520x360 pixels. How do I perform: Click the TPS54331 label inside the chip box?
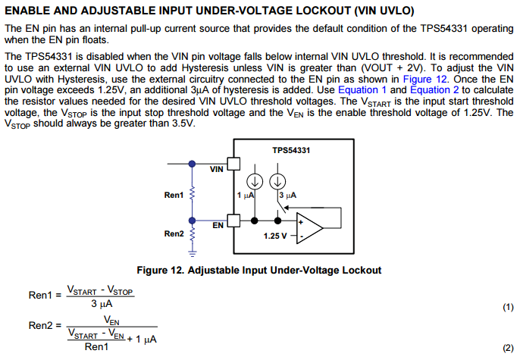291,151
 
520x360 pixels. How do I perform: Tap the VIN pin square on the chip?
233,164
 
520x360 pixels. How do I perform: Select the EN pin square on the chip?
233,221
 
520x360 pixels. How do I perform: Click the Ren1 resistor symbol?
192,193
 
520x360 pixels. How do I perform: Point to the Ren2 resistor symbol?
192,234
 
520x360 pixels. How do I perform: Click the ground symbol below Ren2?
192,253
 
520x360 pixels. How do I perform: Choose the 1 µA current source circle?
255,182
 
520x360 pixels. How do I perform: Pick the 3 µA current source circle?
277,182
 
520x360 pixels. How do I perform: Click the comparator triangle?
309,228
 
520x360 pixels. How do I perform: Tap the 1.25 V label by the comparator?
275,236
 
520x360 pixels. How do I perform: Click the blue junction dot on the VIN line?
192,164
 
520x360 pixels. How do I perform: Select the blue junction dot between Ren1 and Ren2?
192,221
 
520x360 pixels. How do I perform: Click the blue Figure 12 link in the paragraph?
424,80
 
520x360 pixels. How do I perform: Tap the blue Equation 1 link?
362,90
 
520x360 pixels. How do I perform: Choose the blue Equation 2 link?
435,90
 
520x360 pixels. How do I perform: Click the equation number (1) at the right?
508,307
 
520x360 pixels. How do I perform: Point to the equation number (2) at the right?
508,348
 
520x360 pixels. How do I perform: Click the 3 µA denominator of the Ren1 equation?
102,304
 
